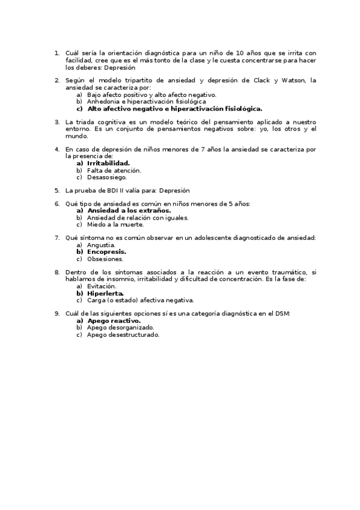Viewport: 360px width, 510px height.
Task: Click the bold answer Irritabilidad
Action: click(x=108, y=163)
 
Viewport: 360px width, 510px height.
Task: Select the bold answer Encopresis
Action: click(x=106, y=252)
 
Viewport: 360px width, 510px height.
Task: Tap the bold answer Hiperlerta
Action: click(x=105, y=293)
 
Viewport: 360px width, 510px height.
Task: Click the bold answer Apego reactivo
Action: click(x=114, y=321)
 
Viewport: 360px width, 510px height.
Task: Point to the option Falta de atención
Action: click(x=114, y=170)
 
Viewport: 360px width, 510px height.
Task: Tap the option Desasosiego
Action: click(x=107, y=177)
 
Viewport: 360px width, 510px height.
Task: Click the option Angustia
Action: click(x=101, y=245)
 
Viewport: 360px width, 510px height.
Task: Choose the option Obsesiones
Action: click(x=105, y=259)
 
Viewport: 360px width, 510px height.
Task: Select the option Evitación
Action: click(x=102, y=286)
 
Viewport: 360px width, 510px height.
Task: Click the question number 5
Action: click(x=56, y=190)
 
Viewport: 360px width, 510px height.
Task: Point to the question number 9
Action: click(x=56, y=313)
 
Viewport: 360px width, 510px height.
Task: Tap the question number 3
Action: click(x=56, y=121)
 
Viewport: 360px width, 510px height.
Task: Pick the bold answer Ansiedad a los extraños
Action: click(x=129, y=210)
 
